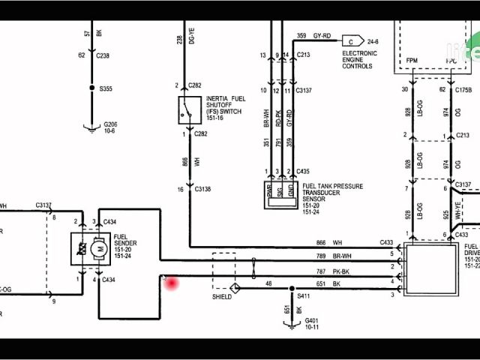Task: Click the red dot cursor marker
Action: click(x=172, y=283)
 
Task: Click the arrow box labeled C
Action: click(x=351, y=41)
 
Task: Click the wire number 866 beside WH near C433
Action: click(x=320, y=243)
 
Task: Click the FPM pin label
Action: click(x=412, y=59)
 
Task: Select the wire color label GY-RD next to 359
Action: click(x=322, y=35)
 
